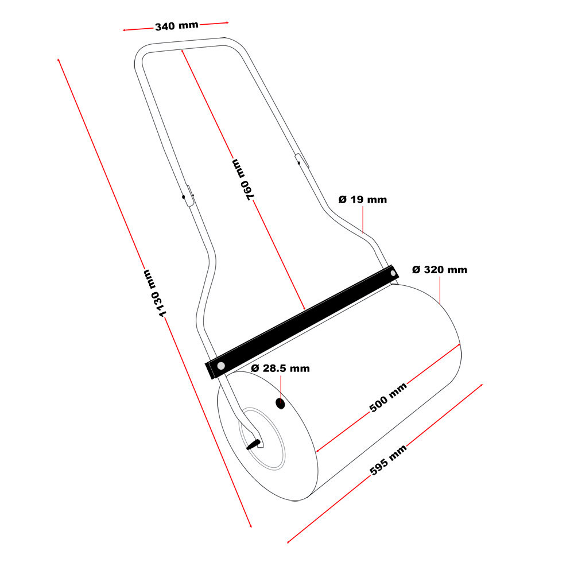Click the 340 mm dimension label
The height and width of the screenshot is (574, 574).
tap(177, 26)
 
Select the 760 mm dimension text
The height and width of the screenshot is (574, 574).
tap(243, 180)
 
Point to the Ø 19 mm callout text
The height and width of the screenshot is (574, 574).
tap(362, 200)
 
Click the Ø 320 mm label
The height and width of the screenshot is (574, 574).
tap(440, 270)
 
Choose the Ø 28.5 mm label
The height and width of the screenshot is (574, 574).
tap(281, 369)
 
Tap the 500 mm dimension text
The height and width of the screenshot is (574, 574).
tap(388, 398)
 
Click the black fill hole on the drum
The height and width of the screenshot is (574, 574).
tap(280, 404)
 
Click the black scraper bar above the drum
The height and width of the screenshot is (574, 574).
tap(302, 322)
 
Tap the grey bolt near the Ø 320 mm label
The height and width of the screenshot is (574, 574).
tap(393, 273)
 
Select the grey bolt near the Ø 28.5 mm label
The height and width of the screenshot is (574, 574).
tap(221, 366)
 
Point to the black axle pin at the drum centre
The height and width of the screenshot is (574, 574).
tap(253, 444)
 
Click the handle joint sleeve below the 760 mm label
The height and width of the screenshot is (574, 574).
tap(189, 196)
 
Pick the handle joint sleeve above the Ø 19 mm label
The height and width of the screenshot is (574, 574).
tap(302, 161)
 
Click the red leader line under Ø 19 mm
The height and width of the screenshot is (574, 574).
tap(363, 220)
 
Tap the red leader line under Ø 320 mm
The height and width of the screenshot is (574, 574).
tap(440, 290)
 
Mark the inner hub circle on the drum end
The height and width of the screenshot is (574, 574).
tap(262, 439)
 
